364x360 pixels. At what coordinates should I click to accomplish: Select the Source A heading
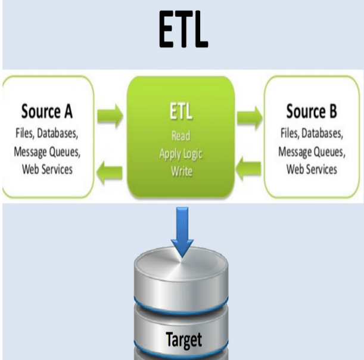49,111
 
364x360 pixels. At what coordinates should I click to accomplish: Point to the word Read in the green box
181,136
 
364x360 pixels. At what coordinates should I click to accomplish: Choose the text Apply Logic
181,153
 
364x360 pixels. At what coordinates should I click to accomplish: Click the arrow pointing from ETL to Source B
249,113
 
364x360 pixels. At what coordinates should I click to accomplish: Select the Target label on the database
182,340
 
